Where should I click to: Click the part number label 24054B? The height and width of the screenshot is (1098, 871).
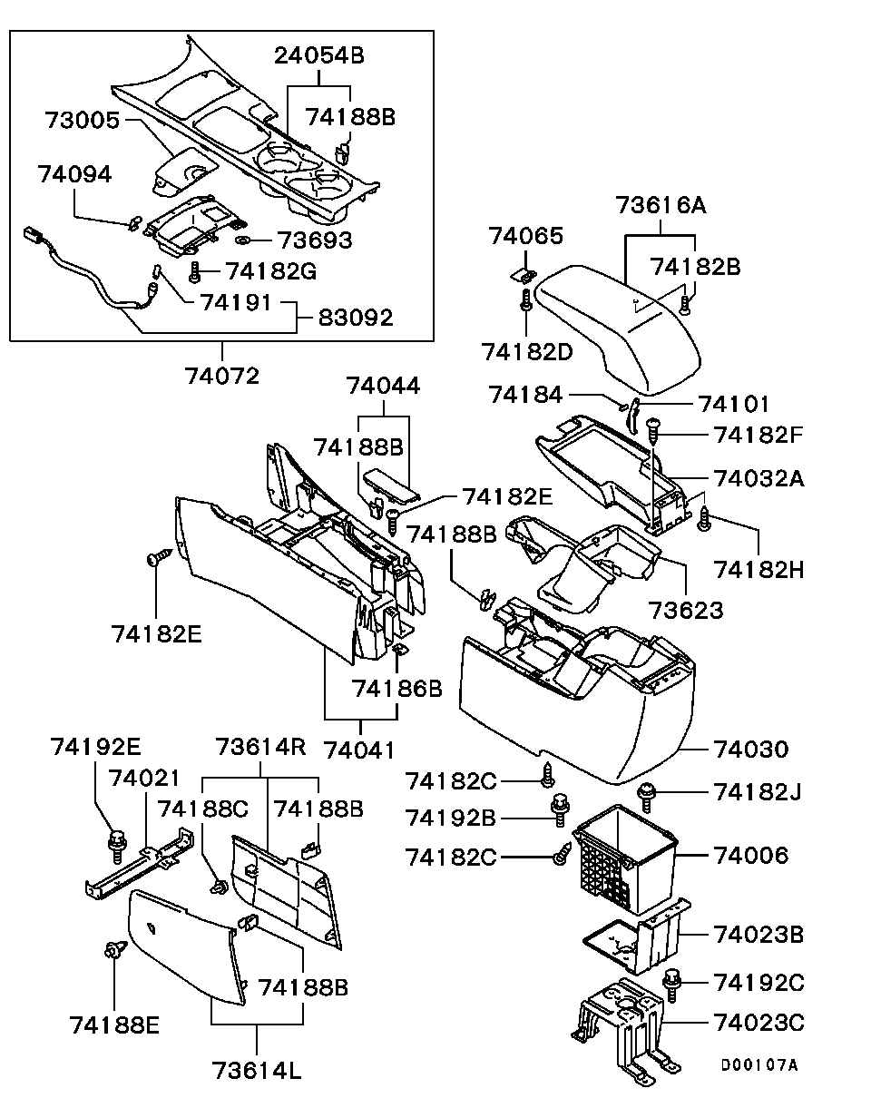click(319, 55)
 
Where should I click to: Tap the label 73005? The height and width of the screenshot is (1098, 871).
click(83, 121)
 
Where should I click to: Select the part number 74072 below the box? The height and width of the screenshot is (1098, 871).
click(222, 377)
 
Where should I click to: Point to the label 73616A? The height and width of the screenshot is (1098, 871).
click(661, 205)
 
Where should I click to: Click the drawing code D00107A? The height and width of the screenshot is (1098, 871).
click(759, 1065)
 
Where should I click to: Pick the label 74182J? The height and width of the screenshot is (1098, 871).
click(758, 792)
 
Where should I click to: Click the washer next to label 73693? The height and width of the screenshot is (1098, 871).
click(242, 240)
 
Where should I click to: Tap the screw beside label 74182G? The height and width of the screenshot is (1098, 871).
click(194, 271)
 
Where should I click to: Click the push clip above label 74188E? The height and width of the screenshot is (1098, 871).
click(112, 951)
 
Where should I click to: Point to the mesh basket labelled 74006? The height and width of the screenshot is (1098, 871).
click(624, 860)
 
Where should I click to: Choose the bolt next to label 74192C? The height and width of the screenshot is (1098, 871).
click(671, 985)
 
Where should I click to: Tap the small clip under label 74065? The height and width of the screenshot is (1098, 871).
click(524, 275)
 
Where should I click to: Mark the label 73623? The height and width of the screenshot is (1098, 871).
click(686, 610)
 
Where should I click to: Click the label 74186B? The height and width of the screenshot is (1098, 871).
click(397, 689)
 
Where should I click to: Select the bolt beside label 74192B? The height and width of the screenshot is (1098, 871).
click(560, 809)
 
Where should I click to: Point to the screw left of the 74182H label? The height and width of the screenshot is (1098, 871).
click(705, 519)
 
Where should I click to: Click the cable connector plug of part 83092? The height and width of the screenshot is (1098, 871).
click(34, 236)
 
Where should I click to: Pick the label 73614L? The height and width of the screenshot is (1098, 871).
click(257, 1070)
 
